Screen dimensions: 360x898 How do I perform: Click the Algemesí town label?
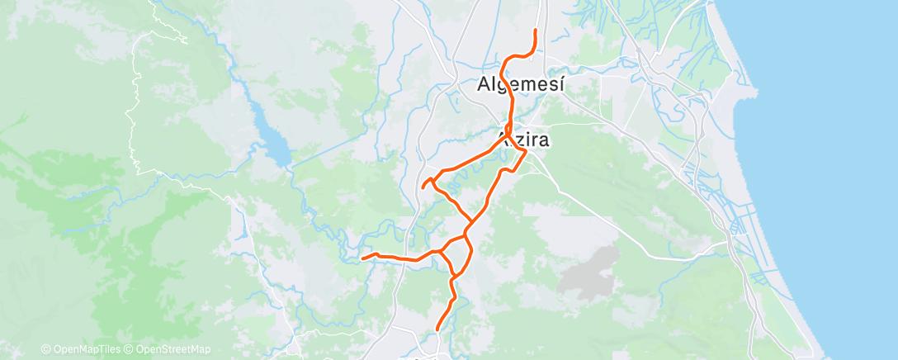click(x=522, y=84)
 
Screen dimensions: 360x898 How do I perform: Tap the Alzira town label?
click(x=524, y=140)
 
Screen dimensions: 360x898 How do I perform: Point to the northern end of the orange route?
click(x=536, y=31)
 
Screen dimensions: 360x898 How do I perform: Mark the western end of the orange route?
click(x=363, y=258)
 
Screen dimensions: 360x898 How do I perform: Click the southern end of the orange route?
click(x=437, y=331)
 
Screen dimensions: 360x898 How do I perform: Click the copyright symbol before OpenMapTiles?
click(x=45, y=350)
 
